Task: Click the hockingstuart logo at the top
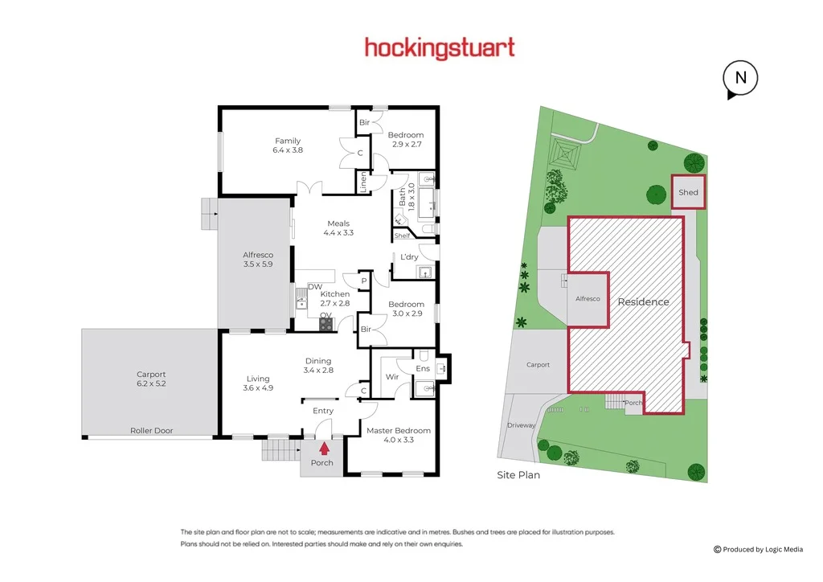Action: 440,48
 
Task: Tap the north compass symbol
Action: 740,79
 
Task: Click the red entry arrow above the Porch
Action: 324,449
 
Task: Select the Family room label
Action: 287,145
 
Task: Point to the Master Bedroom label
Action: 399,435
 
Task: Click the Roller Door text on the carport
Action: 151,431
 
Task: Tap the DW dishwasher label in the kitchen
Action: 314,286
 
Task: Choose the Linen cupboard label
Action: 362,182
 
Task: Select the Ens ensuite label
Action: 423,369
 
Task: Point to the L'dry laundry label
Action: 409,257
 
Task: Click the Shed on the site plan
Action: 688,193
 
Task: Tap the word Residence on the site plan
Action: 643,302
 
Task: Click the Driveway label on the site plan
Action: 521,425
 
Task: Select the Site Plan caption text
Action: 518,475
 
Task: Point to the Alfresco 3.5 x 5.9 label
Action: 258,259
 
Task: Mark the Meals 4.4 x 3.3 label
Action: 338,228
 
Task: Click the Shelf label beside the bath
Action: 402,236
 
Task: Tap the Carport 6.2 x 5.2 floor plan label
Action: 151,379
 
